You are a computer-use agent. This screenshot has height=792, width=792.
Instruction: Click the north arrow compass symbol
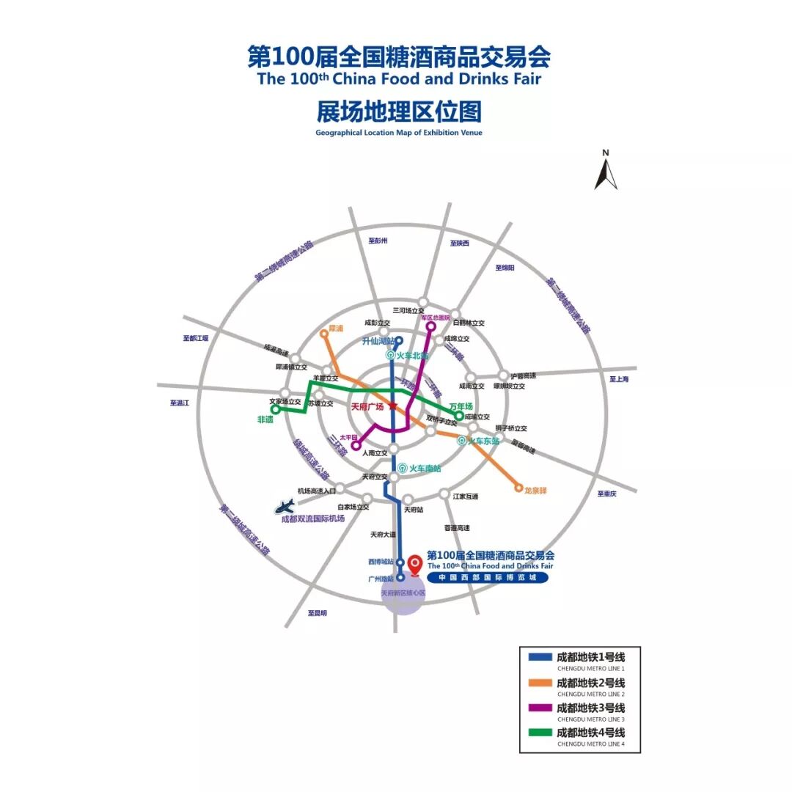[606, 173]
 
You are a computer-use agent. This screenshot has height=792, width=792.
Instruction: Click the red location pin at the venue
[416, 564]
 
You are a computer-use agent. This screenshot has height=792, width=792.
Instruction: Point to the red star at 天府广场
[392, 406]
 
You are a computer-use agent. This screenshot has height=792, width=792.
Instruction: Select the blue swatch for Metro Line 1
[540, 657]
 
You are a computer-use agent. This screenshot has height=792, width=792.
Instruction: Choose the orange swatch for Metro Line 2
[540, 683]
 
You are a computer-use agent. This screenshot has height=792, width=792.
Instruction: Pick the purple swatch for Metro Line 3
[540, 708]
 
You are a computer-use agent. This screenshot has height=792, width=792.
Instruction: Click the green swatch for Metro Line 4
[540, 733]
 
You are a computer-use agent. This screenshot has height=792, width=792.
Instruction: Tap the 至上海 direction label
[619, 379]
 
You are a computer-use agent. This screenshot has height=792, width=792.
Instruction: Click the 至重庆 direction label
[607, 494]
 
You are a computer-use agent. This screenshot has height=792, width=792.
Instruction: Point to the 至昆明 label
[318, 613]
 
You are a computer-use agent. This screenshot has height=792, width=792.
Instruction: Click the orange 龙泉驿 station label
[535, 490]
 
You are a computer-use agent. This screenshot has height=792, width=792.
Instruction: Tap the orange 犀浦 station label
[336, 329]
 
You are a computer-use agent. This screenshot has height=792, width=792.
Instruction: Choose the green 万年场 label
[461, 406]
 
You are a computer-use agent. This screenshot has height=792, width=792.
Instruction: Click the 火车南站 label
[425, 467]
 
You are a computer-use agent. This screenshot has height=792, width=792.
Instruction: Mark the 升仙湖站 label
[379, 341]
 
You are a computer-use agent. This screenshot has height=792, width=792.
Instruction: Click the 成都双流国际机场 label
[313, 518]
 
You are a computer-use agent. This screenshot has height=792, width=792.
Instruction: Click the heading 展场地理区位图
[399, 112]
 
